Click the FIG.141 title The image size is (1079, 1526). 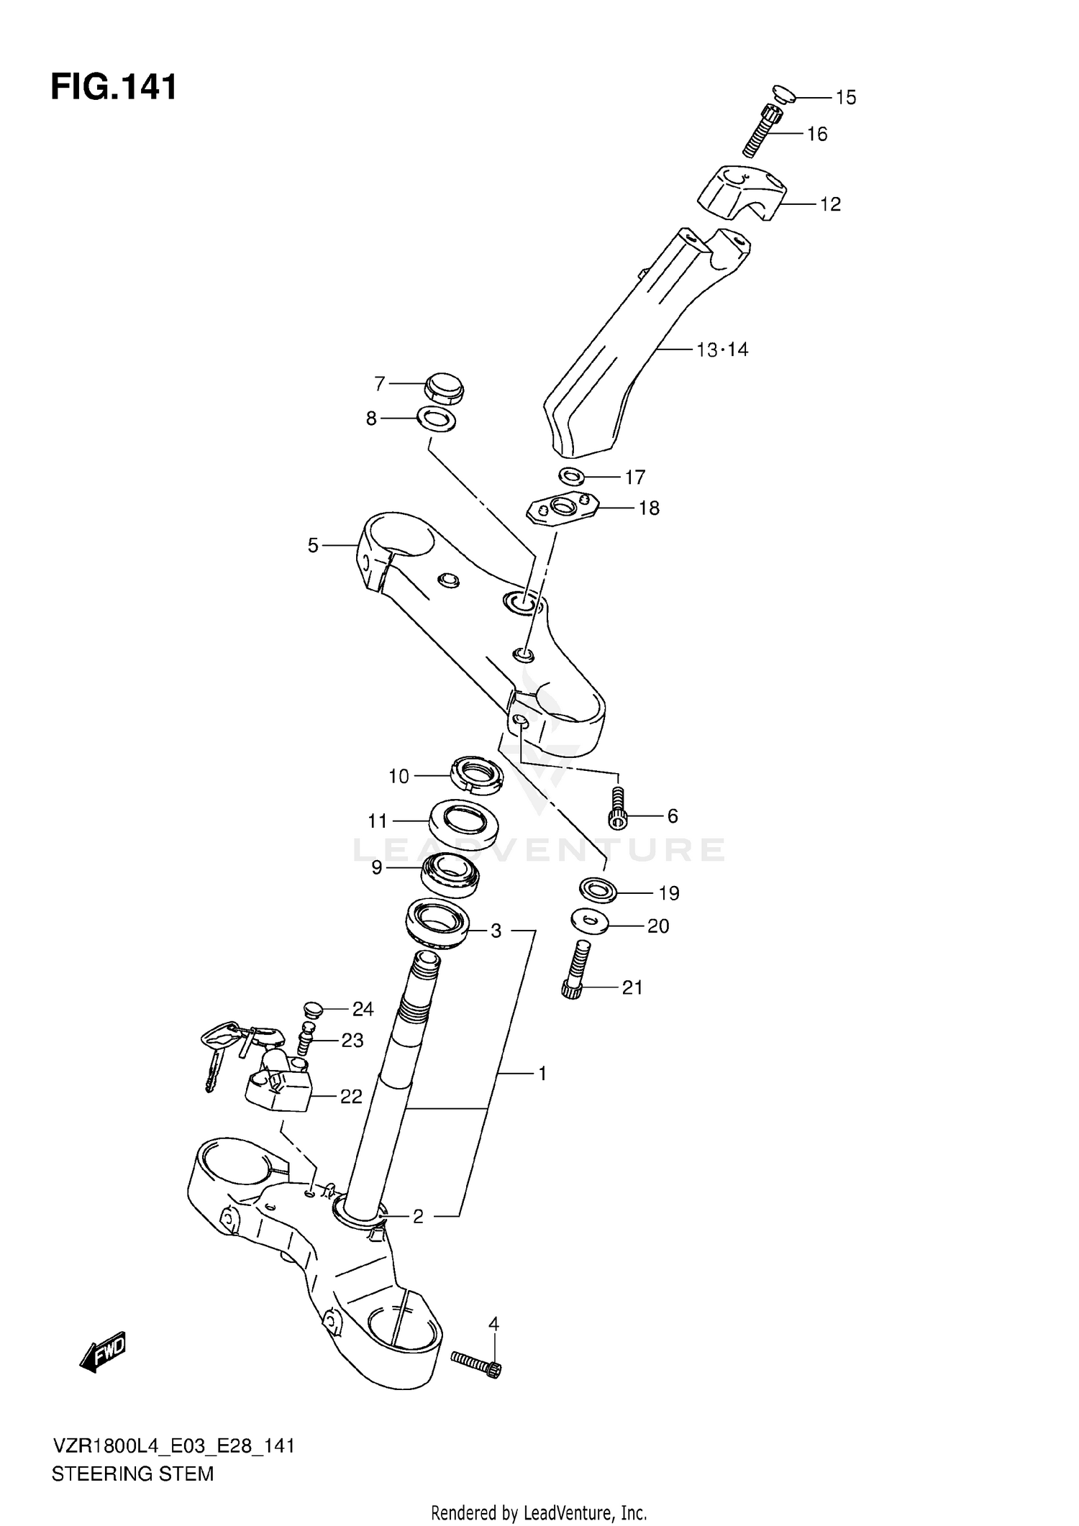click(x=114, y=88)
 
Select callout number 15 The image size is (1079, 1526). click(x=846, y=97)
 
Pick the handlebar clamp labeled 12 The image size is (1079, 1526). click(x=742, y=192)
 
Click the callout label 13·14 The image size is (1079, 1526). click(x=722, y=350)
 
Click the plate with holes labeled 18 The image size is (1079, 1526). click(x=563, y=508)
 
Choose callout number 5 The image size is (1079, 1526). click(x=313, y=546)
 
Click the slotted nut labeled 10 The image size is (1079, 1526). click(x=475, y=775)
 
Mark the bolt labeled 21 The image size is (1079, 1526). click(x=575, y=970)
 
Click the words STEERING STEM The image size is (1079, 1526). click(x=133, y=1474)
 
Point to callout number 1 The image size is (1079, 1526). click(x=542, y=1074)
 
